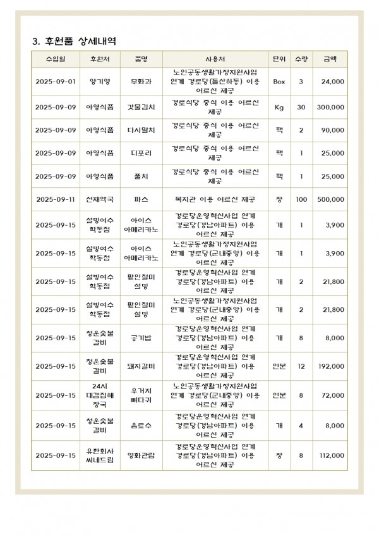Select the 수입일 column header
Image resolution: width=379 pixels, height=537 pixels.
[x=56, y=59]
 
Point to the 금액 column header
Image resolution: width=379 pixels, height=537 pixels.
[x=330, y=59]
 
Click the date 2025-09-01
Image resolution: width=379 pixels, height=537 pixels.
[x=56, y=82]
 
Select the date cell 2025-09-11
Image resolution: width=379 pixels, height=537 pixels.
[x=56, y=199]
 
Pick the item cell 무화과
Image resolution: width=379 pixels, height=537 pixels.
[x=141, y=82]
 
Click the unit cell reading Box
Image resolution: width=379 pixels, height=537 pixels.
[x=279, y=82]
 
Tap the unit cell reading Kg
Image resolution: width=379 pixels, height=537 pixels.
[x=279, y=108]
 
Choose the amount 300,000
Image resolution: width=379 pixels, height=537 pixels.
[x=330, y=108]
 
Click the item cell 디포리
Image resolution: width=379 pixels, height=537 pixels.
[x=141, y=153]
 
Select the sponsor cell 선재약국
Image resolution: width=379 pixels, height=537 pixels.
[x=100, y=199]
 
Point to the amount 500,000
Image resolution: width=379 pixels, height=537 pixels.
[x=330, y=199]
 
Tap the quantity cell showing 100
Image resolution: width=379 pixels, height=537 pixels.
[x=301, y=199]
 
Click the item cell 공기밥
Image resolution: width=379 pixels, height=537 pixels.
[x=141, y=338]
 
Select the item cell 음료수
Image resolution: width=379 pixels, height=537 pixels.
[x=141, y=426]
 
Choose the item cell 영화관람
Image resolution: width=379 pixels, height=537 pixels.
[x=141, y=455]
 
